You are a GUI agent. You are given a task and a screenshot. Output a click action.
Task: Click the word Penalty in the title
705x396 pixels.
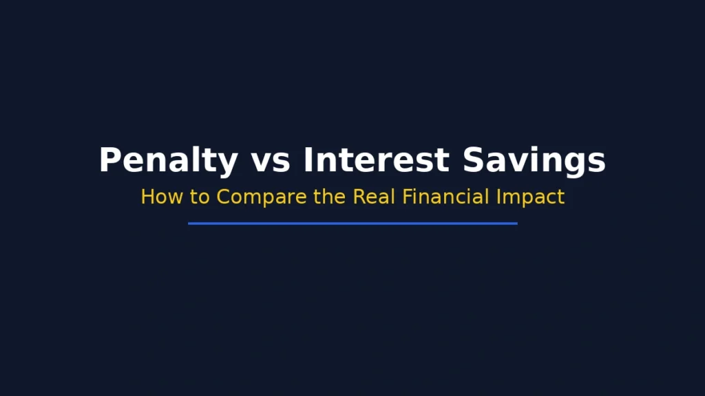point(168,160)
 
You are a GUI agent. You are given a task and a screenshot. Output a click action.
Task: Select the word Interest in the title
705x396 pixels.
point(376,160)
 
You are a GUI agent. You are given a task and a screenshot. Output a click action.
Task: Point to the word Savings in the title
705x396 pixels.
point(534,160)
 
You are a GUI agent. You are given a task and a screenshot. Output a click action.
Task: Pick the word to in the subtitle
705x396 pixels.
point(200,197)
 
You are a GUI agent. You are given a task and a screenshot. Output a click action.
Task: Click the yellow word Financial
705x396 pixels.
point(445,197)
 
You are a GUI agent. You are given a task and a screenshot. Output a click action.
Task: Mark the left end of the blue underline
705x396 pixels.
point(189,223)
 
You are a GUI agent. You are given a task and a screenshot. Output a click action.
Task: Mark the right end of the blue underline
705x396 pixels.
point(516,223)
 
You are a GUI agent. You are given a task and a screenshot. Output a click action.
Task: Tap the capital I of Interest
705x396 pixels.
point(308,160)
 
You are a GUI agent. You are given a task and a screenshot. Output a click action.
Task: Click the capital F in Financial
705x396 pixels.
point(407,197)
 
